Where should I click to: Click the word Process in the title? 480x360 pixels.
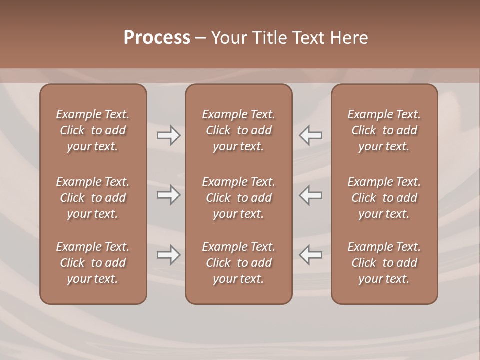pyautogui.click(x=157, y=38)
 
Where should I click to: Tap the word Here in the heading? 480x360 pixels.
pyautogui.click(x=349, y=38)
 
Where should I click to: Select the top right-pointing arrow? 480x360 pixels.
pyautogui.click(x=169, y=135)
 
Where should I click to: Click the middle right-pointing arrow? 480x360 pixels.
pyautogui.click(x=169, y=195)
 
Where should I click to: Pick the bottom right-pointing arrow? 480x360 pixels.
pyautogui.click(x=169, y=255)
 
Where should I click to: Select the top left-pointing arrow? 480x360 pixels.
pyautogui.click(x=311, y=135)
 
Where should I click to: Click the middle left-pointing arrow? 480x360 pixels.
pyautogui.click(x=311, y=195)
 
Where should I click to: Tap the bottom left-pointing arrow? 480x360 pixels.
pyautogui.click(x=311, y=255)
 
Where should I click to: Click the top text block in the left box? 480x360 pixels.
pyautogui.click(x=93, y=130)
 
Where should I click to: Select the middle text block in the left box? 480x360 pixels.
pyautogui.click(x=93, y=198)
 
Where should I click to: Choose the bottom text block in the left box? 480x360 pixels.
pyautogui.click(x=93, y=263)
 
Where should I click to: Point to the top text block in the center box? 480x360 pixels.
pyautogui.click(x=239, y=130)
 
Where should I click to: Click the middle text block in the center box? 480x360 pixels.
pyautogui.click(x=239, y=198)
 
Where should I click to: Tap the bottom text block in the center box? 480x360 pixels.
pyautogui.click(x=239, y=263)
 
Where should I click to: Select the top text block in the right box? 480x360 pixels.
pyautogui.click(x=384, y=130)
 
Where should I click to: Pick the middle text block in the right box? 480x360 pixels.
pyautogui.click(x=384, y=198)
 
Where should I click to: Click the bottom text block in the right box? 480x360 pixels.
pyautogui.click(x=384, y=263)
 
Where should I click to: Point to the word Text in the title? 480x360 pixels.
pyautogui.click(x=308, y=38)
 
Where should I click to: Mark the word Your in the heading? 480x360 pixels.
pyautogui.click(x=229, y=38)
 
